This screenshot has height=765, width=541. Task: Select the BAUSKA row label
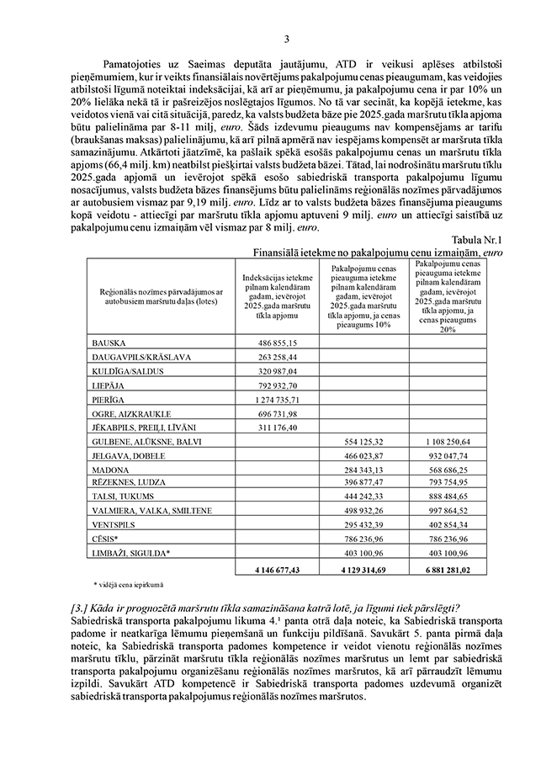tap(108, 343)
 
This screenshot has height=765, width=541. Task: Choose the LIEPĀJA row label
tap(107, 385)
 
